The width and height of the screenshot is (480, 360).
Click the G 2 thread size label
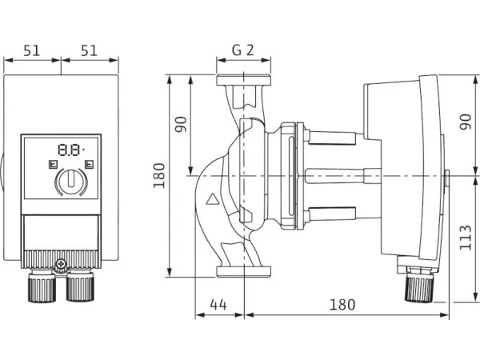click(x=243, y=50)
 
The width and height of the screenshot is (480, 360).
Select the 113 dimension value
click(x=466, y=237)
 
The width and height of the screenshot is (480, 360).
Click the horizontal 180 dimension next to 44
click(x=342, y=304)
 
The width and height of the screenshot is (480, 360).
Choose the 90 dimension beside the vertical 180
click(x=182, y=126)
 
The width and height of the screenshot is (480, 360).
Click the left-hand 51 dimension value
click(x=32, y=50)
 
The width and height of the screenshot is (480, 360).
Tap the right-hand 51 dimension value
click(x=90, y=50)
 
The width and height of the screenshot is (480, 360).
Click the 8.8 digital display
click(x=70, y=149)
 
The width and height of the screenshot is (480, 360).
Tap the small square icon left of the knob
click(x=52, y=166)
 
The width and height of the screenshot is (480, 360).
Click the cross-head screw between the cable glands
click(x=61, y=265)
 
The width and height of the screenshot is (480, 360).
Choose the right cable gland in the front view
click(x=79, y=286)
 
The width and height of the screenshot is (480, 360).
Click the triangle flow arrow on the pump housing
click(x=212, y=201)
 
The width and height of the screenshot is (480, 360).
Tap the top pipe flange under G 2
click(x=243, y=81)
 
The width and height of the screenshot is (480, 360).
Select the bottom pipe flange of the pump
click(x=243, y=272)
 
